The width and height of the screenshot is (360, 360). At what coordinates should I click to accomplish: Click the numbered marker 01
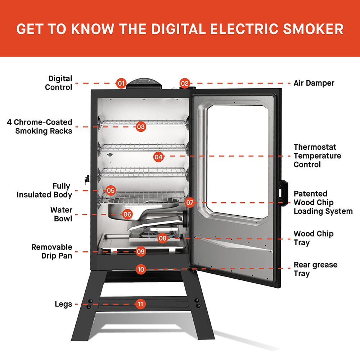coord(121,84)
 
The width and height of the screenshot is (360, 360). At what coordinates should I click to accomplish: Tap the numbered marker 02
coord(184,84)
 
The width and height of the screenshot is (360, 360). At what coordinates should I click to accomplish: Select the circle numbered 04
coord(158,157)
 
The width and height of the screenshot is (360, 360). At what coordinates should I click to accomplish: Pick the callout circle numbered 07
coord(190,203)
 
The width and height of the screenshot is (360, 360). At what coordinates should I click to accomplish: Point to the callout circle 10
coord(141,269)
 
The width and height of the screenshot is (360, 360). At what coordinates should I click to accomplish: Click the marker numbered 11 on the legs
coord(140,304)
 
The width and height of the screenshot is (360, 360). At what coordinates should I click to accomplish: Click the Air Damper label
coord(314,83)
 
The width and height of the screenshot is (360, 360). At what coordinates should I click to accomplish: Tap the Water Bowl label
coord(61,214)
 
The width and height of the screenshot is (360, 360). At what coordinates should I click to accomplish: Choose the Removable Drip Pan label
coord(51,251)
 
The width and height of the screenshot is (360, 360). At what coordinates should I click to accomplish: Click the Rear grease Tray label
coord(315,269)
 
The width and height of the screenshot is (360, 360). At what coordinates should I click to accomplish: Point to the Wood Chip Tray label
coord(313,238)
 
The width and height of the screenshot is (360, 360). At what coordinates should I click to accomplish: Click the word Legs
coord(63,304)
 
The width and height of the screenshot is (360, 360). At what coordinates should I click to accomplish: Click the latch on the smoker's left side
coord(86,180)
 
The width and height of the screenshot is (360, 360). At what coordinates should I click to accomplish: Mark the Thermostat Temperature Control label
coord(317,156)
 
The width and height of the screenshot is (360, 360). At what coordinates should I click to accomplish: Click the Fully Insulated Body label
coord(44,190)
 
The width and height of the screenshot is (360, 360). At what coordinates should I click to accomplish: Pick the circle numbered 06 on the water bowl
coord(127,214)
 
